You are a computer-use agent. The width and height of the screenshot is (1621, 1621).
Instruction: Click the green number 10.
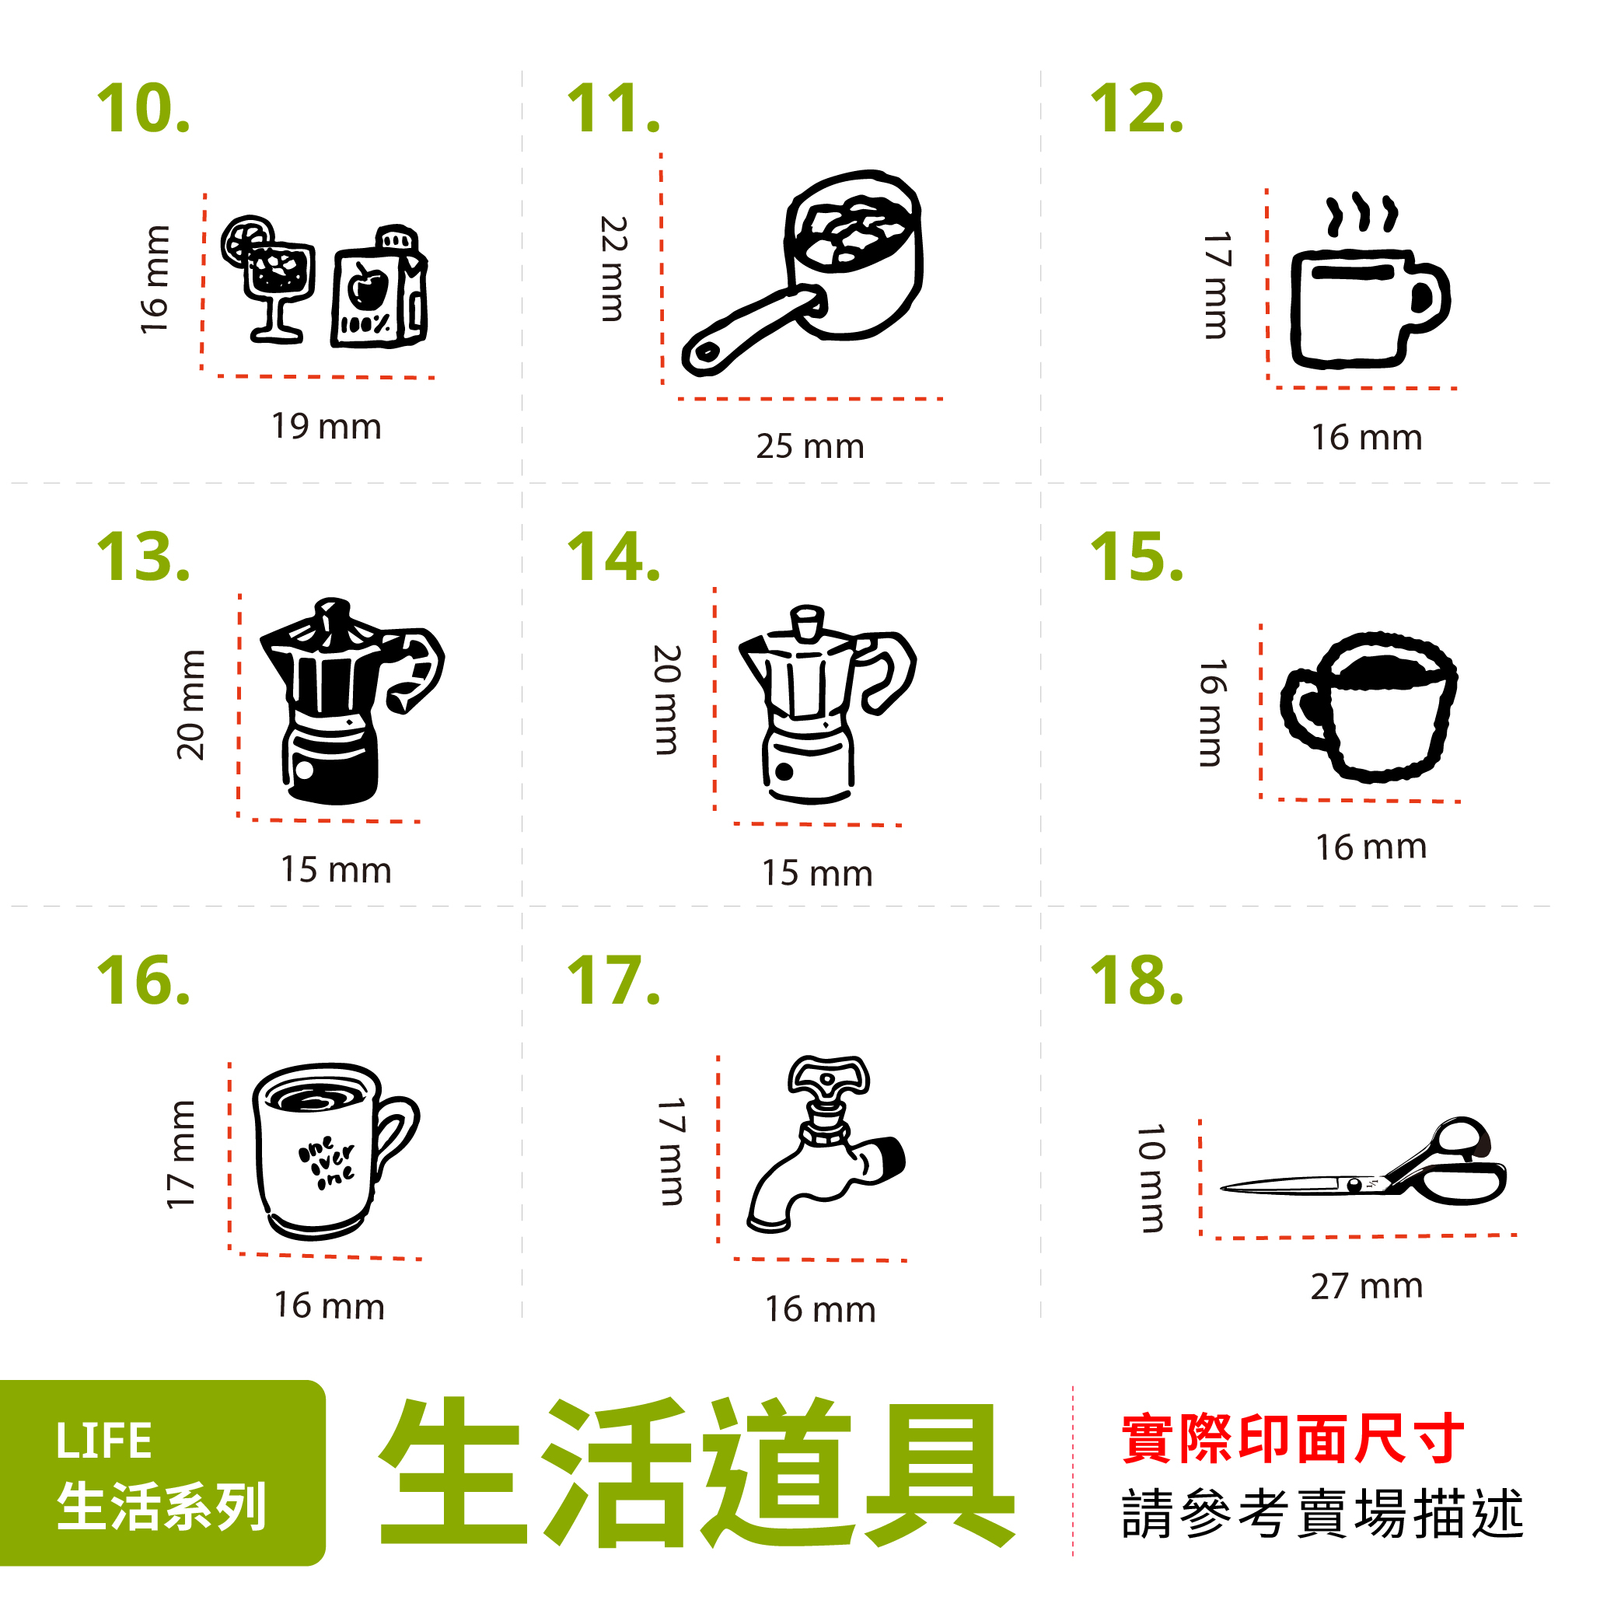point(144,109)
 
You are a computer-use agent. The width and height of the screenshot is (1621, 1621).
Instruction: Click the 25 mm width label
point(809,446)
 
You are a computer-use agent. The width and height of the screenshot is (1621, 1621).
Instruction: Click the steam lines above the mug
point(1361,215)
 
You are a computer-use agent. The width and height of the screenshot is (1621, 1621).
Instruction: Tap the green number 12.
point(1136,109)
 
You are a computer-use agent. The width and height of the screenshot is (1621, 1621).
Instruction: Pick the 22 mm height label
point(613,268)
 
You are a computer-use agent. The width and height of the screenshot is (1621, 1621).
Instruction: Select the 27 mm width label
point(1366,1286)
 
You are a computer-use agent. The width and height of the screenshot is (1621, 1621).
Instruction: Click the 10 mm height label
point(1151,1178)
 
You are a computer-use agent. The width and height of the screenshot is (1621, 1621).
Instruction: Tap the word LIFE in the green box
point(104,1441)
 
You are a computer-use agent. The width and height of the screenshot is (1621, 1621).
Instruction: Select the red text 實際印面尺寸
point(1292,1440)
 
